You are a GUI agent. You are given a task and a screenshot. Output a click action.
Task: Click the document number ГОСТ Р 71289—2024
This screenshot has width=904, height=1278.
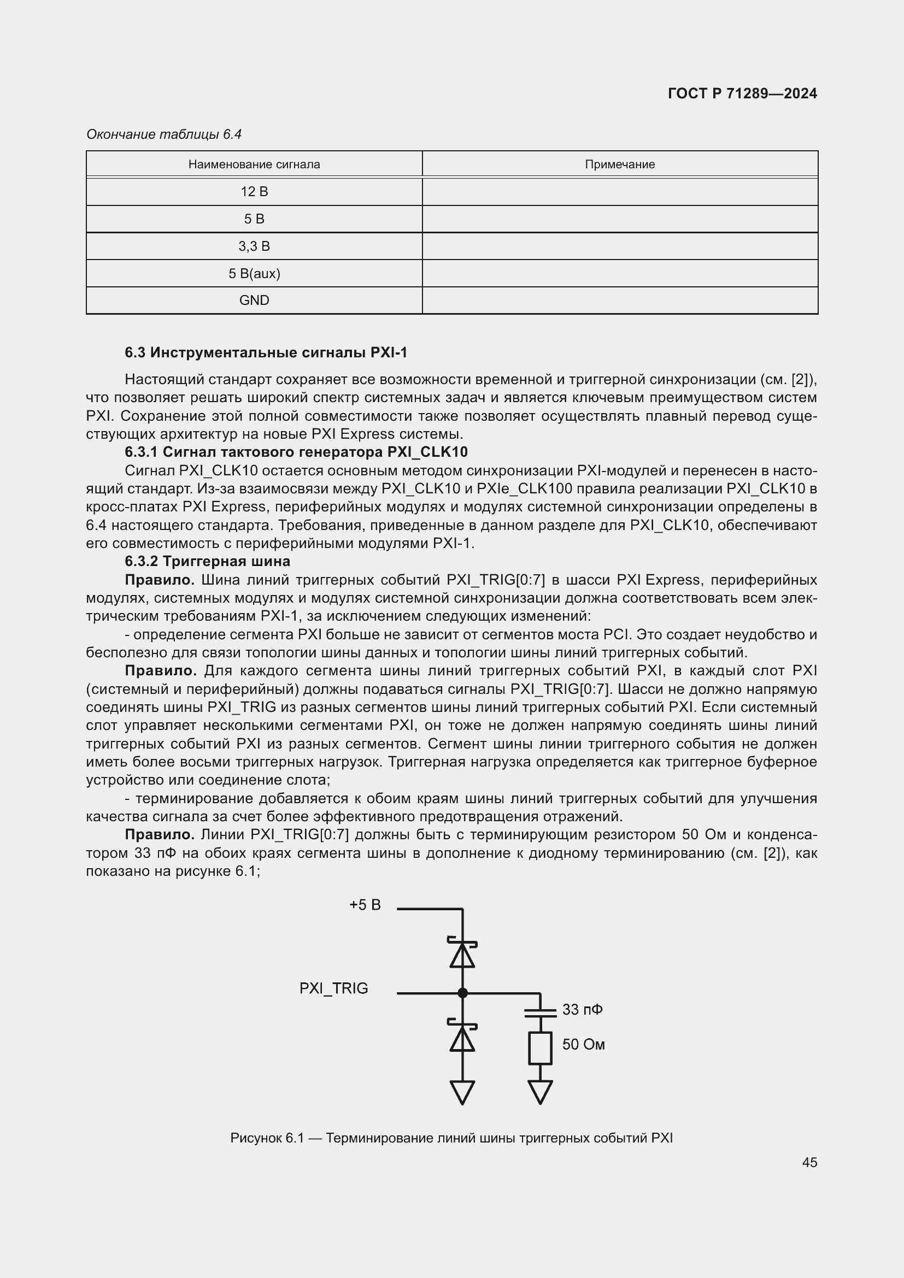click(742, 93)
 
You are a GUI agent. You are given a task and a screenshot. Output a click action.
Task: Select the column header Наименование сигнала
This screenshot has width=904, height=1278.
click(254, 164)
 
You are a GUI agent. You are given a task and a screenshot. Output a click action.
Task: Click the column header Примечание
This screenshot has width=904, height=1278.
click(620, 164)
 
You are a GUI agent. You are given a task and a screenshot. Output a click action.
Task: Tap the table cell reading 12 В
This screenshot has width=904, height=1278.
click(254, 191)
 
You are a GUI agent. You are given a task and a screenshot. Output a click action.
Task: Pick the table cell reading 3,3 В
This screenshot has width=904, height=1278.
click(254, 246)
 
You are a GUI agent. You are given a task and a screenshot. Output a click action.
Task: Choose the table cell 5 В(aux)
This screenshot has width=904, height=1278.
click(254, 273)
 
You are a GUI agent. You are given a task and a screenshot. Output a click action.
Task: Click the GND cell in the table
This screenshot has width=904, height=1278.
click(254, 301)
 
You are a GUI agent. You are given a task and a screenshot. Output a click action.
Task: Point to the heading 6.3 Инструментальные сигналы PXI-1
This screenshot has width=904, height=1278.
click(266, 352)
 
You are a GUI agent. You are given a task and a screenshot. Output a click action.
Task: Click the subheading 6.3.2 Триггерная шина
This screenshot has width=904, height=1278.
click(207, 561)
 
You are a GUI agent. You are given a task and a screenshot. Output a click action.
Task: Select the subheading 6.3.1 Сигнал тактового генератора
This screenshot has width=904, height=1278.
click(296, 451)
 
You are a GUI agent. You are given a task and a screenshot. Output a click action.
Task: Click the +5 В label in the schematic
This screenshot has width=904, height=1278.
click(365, 905)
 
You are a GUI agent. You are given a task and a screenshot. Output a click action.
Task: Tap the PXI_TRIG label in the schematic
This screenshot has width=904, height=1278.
click(333, 988)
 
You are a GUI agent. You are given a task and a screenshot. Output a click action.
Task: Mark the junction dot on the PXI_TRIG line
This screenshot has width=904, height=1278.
click(462, 992)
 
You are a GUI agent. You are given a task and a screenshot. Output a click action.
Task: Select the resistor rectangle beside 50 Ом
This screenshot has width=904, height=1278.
click(540, 1048)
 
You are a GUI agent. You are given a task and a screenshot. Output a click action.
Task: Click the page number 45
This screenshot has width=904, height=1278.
click(809, 1162)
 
